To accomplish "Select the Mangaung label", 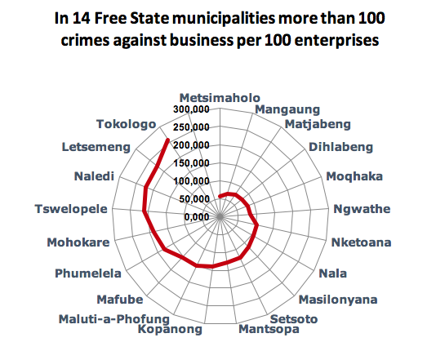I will tap(287, 109).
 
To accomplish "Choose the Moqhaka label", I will tap(354, 176).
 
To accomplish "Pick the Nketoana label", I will tap(361, 242).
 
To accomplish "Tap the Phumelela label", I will tap(88, 273).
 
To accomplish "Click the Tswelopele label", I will tap(71, 208).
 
